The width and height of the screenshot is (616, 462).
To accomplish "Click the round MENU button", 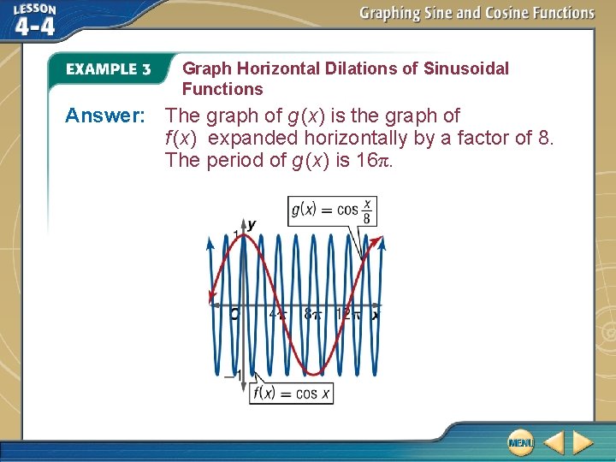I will click(x=519, y=442).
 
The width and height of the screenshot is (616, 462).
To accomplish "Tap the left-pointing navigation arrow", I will click(x=553, y=442).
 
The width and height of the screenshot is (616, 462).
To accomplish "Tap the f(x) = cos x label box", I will click(x=292, y=394).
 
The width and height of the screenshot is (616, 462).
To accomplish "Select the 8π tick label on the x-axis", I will click(x=312, y=315).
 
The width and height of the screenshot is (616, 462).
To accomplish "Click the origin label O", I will click(x=235, y=315).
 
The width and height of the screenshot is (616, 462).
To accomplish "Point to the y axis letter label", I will click(x=252, y=224).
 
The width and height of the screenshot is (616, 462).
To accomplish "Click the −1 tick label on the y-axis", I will click(x=231, y=375).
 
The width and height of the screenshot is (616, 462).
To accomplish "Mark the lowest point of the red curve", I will click(x=314, y=374).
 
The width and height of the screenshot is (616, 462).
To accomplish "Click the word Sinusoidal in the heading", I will click(x=465, y=68).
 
